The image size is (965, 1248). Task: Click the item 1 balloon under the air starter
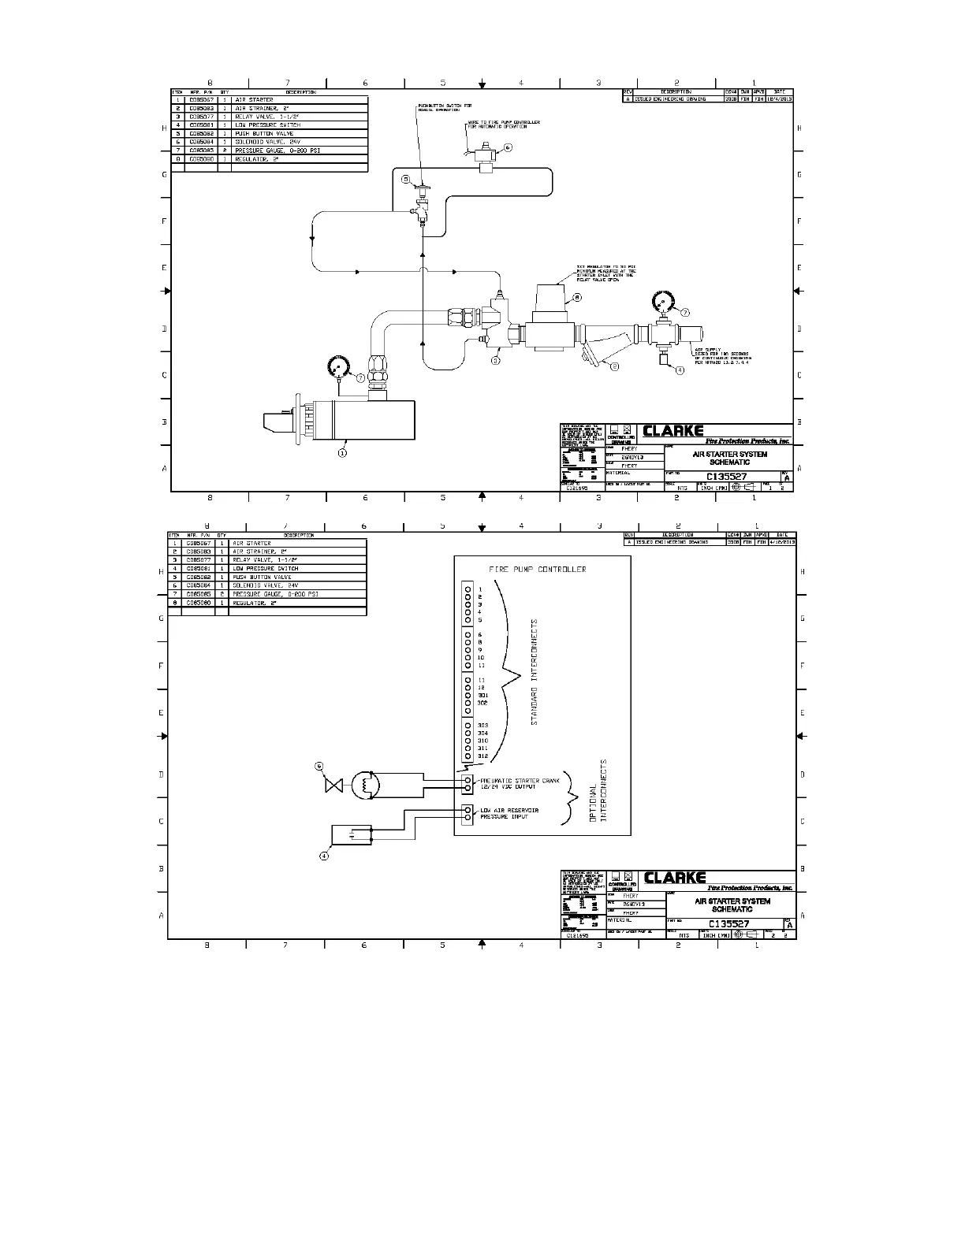[x=342, y=453]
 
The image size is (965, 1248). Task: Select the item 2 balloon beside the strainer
[x=616, y=366]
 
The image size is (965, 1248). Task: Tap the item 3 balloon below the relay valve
[x=496, y=361]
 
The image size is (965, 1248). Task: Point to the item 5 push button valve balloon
[x=406, y=180]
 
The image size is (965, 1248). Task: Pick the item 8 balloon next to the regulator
[x=577, y=298]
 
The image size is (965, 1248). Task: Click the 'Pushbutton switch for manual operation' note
[x=445, y=107]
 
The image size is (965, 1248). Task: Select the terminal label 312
[x=483, y=756]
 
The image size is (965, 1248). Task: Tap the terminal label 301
[x=483, y=695]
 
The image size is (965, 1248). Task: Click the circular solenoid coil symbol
[x=365, y=785]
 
